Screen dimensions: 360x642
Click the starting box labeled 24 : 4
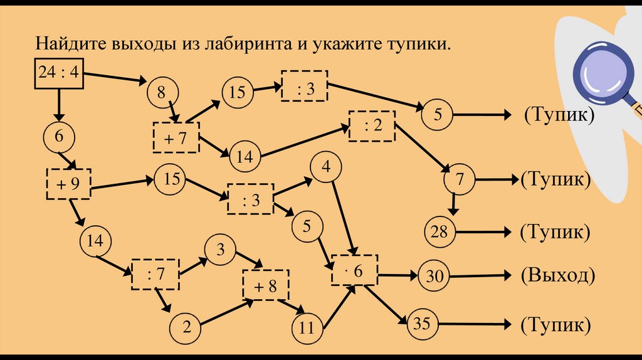58,73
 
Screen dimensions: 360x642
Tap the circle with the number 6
59,137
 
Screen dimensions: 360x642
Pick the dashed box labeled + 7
176,137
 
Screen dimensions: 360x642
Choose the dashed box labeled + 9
68,184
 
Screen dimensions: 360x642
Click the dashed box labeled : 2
372,126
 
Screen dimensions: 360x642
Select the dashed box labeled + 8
266,285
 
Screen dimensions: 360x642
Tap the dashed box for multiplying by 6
355,270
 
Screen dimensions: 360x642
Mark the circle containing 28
439,232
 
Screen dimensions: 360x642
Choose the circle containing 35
422,324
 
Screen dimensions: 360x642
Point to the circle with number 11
307,326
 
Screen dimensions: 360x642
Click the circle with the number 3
220,249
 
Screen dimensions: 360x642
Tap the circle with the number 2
186,326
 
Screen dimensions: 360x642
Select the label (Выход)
557,275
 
